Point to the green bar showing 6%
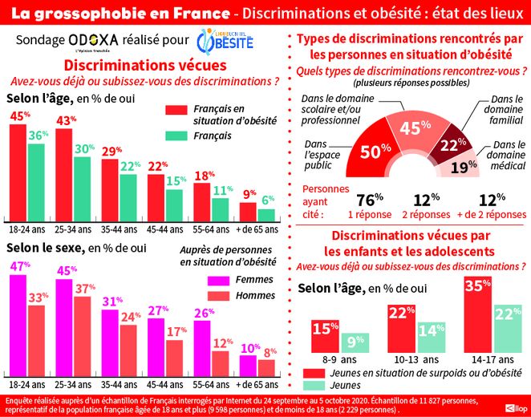(x=267, y=214)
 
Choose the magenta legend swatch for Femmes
(x=214, y=279)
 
